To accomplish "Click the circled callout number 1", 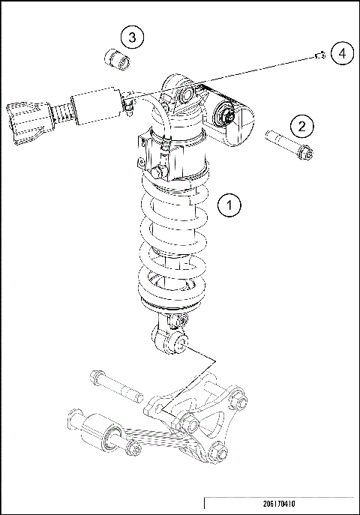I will [230, 204].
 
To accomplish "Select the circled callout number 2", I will [301, 125].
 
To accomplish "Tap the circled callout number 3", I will [132, 36].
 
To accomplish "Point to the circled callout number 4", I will [341, 53].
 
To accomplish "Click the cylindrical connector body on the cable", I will [96, 106].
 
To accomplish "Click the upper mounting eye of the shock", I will [184, 94].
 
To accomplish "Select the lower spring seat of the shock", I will [171, 306].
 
